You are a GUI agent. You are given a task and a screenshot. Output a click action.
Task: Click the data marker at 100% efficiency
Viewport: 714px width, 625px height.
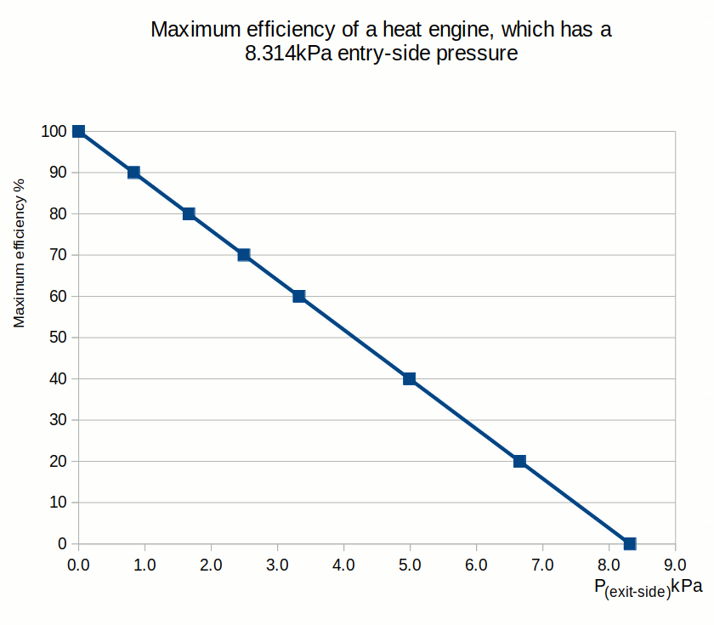pos(78,131)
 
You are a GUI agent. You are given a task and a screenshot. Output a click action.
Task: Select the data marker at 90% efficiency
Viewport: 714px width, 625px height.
pos(133,173)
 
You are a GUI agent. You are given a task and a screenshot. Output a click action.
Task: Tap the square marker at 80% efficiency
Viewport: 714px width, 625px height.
pos(189,213)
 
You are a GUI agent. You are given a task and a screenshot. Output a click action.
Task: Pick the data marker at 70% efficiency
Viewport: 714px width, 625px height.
pos(244,255)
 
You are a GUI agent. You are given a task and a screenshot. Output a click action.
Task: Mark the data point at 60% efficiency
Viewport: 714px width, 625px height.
pos(299,296)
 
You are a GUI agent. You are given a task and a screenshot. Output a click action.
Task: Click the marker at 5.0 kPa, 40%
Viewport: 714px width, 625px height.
pos(410,378)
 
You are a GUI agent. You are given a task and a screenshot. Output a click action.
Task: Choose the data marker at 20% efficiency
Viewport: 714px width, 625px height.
pos(520,461)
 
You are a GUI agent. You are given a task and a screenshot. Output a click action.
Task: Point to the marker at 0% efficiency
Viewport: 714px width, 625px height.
pos(630,543)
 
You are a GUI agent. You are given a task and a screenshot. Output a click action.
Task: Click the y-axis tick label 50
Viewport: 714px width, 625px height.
pos(56,338)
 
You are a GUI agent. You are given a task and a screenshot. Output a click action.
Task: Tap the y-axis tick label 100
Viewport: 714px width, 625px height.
pos(53,131)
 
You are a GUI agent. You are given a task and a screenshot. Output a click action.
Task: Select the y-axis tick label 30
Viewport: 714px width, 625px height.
pos(56,420)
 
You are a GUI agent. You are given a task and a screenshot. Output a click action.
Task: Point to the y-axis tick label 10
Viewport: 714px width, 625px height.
pos(56,503)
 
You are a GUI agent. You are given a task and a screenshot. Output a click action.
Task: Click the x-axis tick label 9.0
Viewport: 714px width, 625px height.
pos(675,564)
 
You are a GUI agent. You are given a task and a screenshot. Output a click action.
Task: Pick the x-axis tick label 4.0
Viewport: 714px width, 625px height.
pos(343,564)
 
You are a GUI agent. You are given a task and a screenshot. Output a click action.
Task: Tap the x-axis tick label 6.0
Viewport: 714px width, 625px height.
pos(476,564)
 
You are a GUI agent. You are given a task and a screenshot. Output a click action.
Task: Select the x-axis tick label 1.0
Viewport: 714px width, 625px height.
pos(144,564)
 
